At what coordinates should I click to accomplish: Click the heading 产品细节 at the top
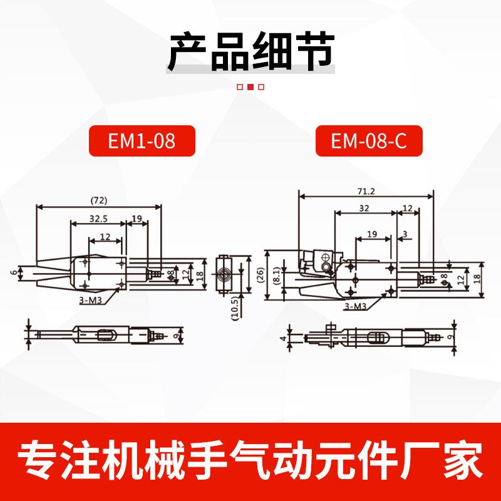point(250,53)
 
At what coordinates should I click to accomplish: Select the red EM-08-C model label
point(369,141)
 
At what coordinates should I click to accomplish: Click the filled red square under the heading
point(250,88)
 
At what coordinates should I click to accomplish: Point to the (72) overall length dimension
point(99,201)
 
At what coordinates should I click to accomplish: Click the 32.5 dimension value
point(98,219)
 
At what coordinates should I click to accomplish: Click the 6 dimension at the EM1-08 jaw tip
point(12,273)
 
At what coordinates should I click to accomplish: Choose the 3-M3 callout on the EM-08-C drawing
point(356,306)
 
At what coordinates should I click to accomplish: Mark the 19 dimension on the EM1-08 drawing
point(137,219)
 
